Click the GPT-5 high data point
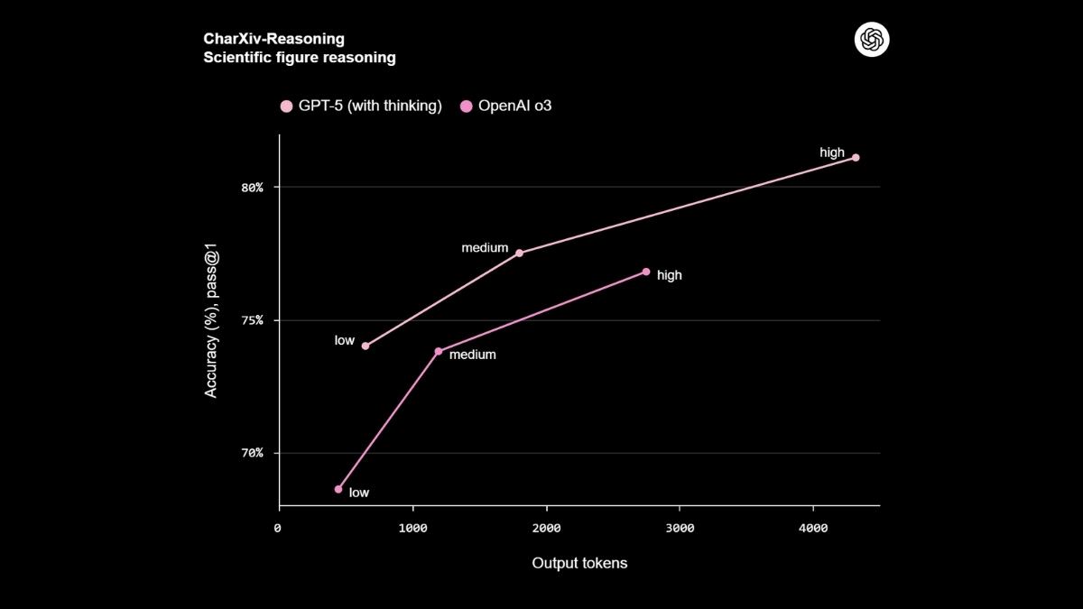point(856,158)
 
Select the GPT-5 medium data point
point(519,253)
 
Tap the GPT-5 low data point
point(366,346)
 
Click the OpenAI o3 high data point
point(646,272)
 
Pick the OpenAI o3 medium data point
point(439,351)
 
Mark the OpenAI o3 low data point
point(338,489)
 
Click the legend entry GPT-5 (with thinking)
point(361,106)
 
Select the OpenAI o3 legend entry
point(506,106)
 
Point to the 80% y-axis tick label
point(252,188)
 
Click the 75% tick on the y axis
point(252,320)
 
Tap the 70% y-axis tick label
point(252,453)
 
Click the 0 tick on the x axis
point(278,529)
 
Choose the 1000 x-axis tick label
point(412,529)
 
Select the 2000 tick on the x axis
point(546,529)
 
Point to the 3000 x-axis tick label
point(680,529)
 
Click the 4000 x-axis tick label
point(813,529)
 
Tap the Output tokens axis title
point(579,563)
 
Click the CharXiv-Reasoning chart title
point(274,39)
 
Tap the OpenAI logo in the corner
point(872,39)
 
